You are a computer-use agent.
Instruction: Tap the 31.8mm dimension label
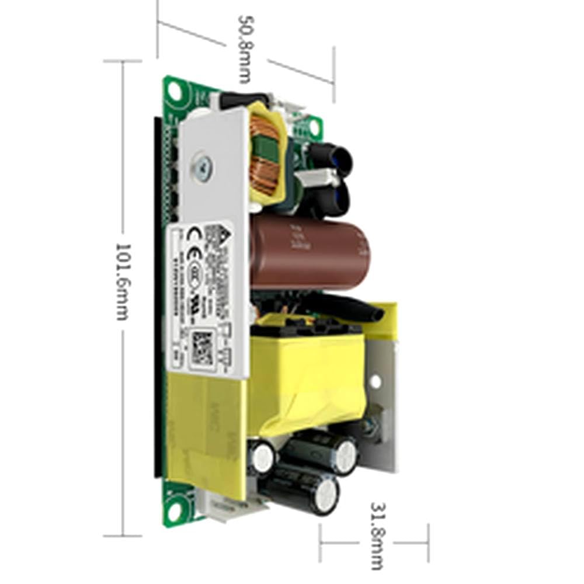click(377, 535)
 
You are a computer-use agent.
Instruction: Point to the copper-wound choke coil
click(266, 155)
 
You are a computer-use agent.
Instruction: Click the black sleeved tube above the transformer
click(350, 307)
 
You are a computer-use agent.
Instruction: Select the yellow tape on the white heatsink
click(204, 432)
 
